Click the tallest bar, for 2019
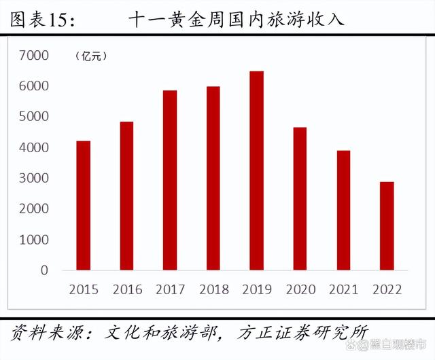click(256, 170)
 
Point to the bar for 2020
click(300, 198)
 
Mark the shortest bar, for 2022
click(387, 226)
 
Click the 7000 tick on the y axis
click(34, 55)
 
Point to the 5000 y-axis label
click(34, 116)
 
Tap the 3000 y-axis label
click(34, 178)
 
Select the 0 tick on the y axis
click(44, 270)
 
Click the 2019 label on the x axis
click(256, 290)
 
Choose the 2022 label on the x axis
click(387, 290)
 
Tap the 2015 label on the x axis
click(83, 290)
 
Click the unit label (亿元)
click(90, 56)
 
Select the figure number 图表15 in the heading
click(43, 20)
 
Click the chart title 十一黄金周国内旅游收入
click(236, 20)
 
